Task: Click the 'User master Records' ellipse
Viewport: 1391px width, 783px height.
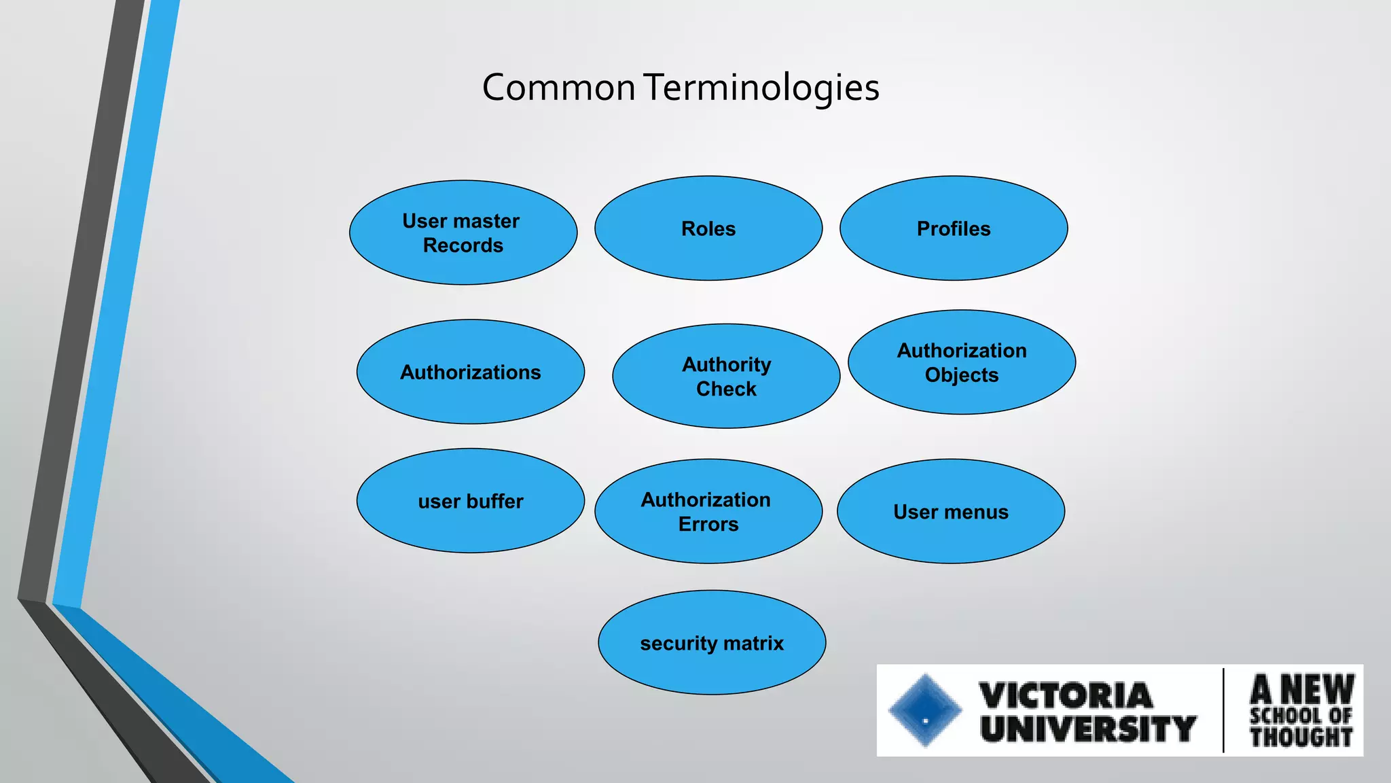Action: (x=463, y=232)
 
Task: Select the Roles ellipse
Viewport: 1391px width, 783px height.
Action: (x=708, y=228)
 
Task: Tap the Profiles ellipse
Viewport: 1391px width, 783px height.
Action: (x=954, y=228)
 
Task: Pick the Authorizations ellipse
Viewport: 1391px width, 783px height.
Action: (x=470, y=372)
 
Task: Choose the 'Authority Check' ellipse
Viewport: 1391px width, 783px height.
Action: (x=726, y=376)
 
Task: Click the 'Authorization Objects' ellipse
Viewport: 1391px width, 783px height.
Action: (x=962, y=362)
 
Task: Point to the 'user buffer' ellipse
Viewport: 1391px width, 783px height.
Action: (x=470, y=501)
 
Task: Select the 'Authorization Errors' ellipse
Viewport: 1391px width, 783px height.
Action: (x=708, y=511)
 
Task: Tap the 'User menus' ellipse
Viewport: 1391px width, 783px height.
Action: (x=951, y=511)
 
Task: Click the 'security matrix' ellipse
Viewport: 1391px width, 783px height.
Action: (x=712, y=642)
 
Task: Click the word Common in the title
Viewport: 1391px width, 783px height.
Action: (x=558, y=88)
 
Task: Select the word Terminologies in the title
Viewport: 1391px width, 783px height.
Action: (x=761, y=88)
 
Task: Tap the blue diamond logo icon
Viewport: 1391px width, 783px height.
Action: (x=925, y=711)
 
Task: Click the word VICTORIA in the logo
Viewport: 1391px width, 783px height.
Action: (x=1066, y=695)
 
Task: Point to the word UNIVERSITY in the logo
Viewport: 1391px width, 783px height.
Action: (x=1087, y=729)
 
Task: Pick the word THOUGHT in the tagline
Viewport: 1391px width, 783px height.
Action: (x=1301, y=737)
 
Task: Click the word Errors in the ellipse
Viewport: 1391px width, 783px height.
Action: (x=708, y=524)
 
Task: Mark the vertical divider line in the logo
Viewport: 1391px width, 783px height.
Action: (x=1223, y=710)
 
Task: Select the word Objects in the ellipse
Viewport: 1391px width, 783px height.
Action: (x=962, y=375)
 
